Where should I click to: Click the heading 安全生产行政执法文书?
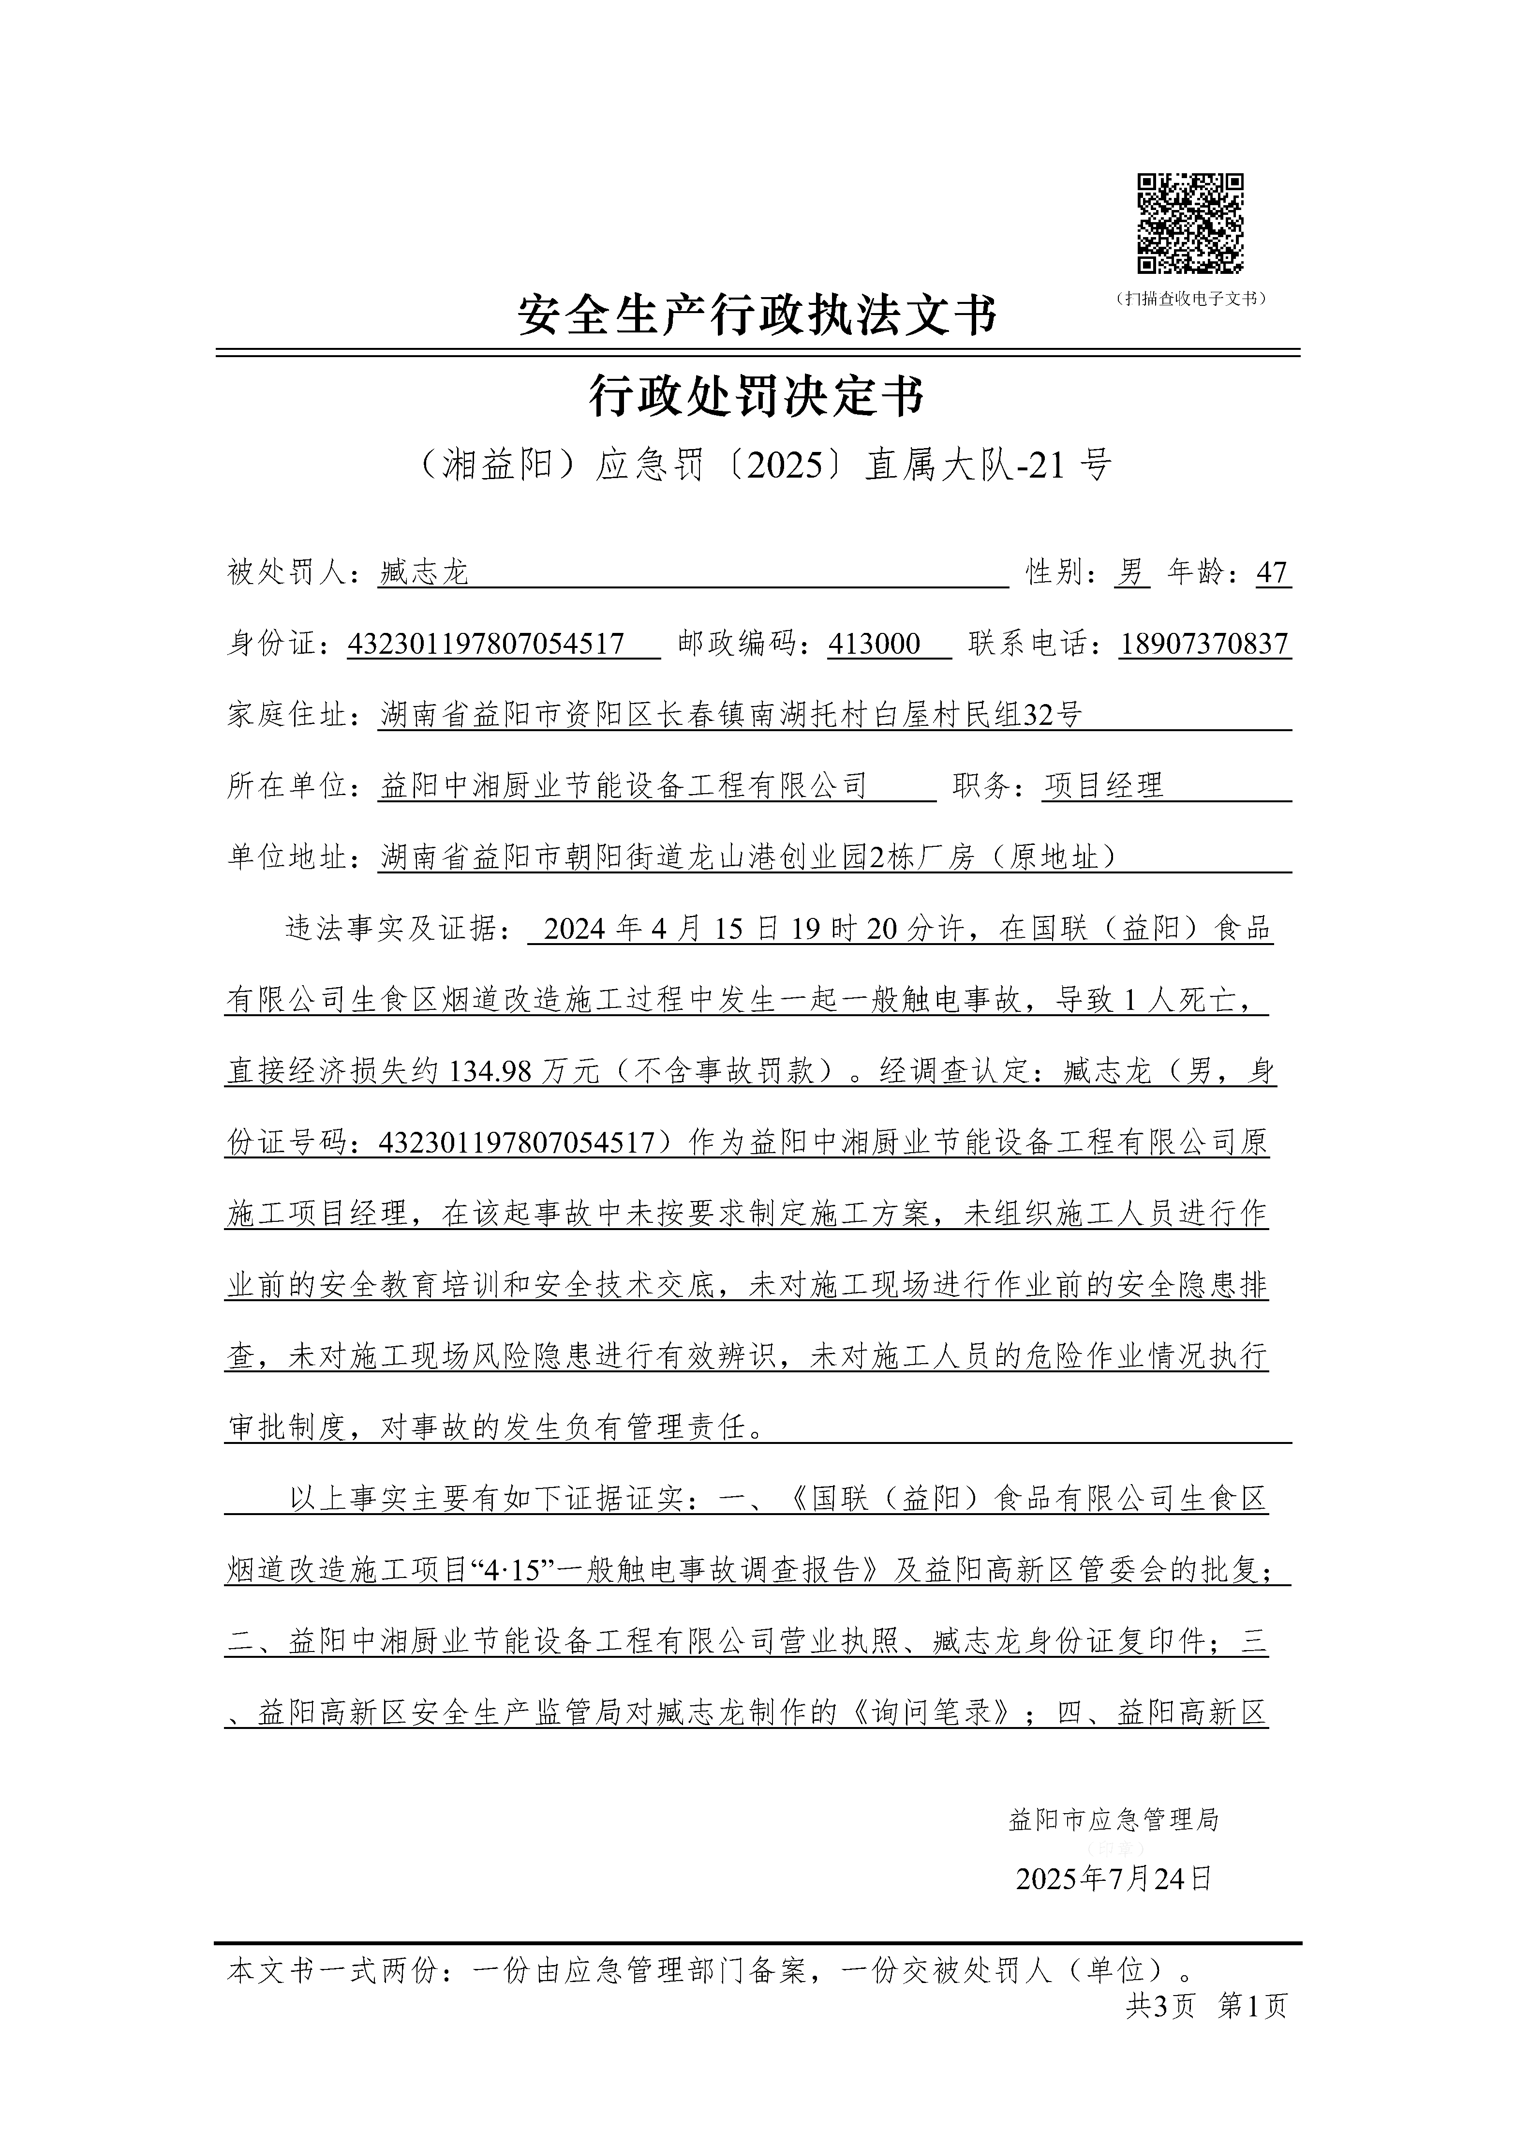click(757, 315)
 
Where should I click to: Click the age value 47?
click(1272, 572)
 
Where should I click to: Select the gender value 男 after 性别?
click(1131, 572)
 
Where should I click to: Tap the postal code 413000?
click(875, 644)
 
